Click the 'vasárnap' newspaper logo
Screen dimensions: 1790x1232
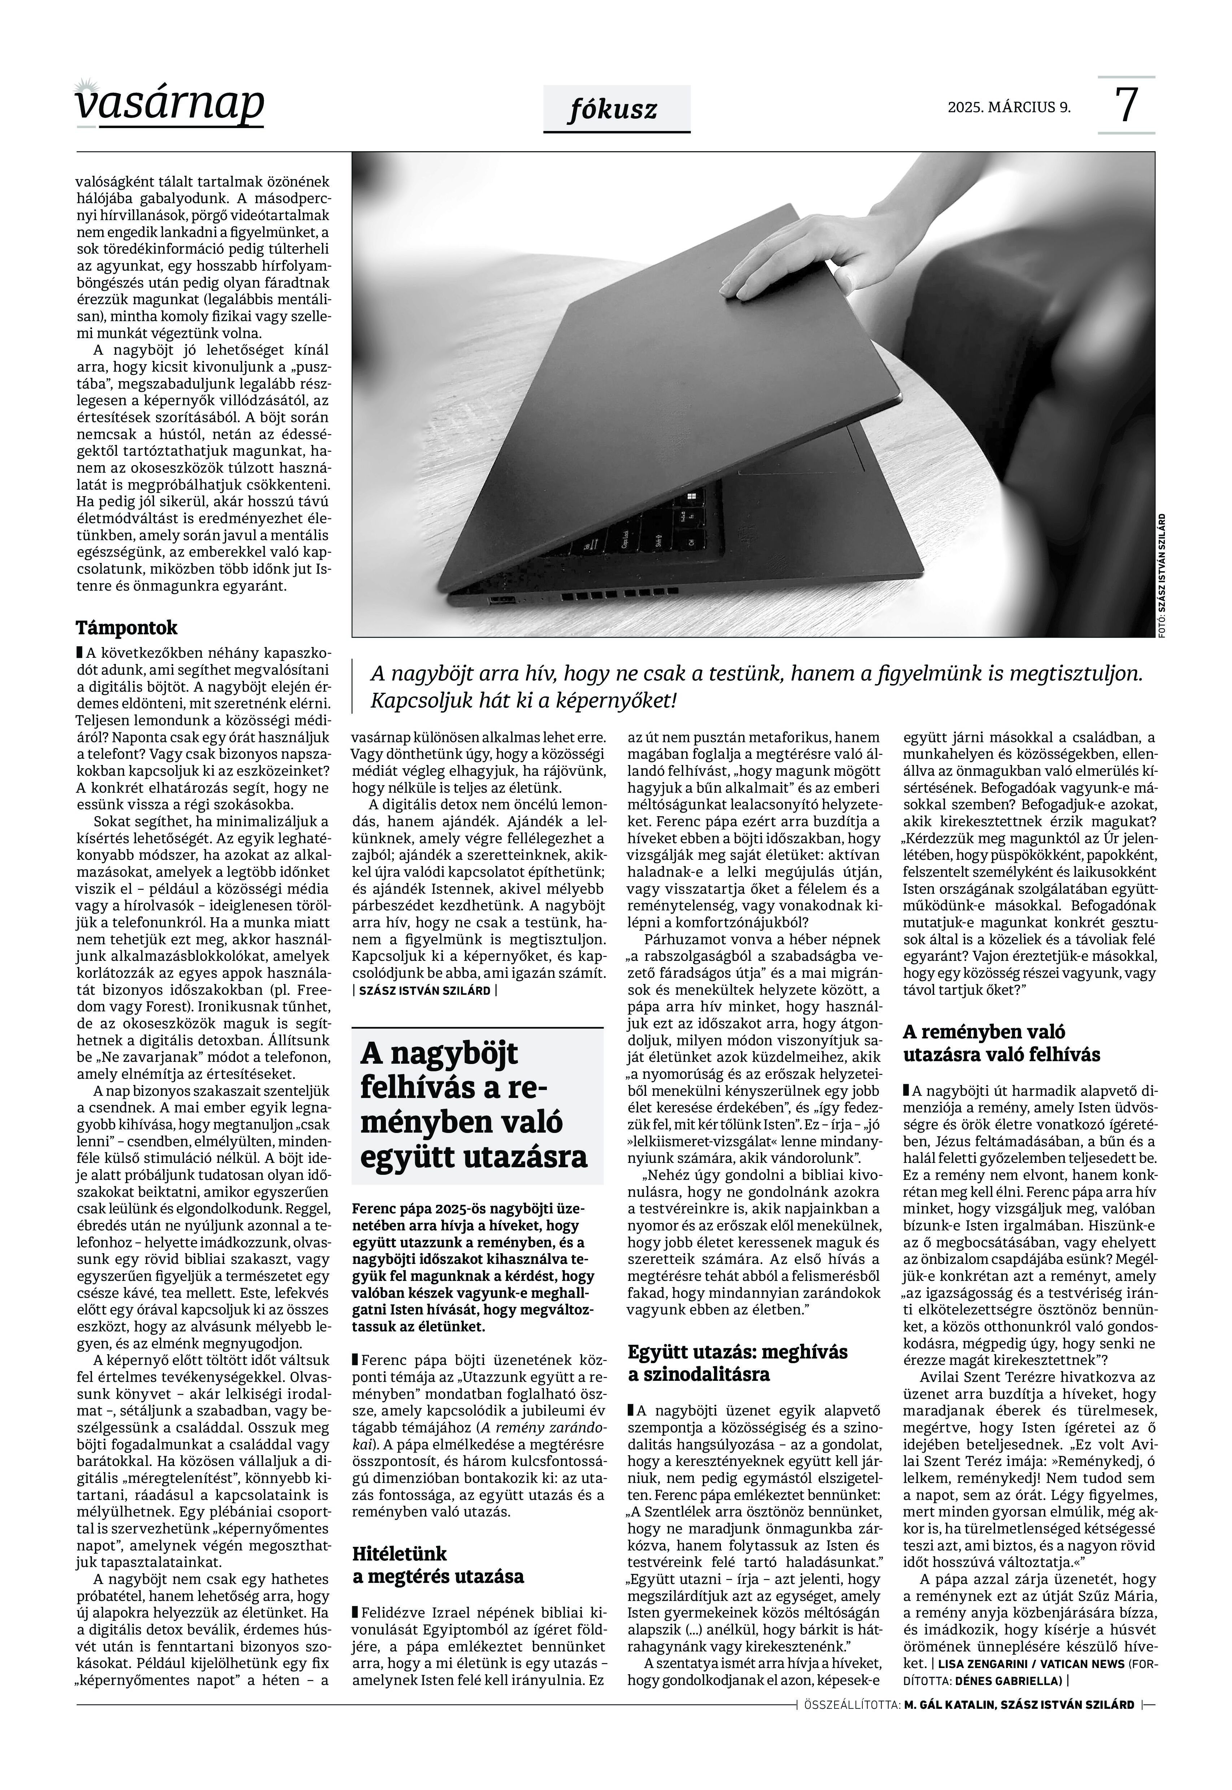[170, 104]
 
